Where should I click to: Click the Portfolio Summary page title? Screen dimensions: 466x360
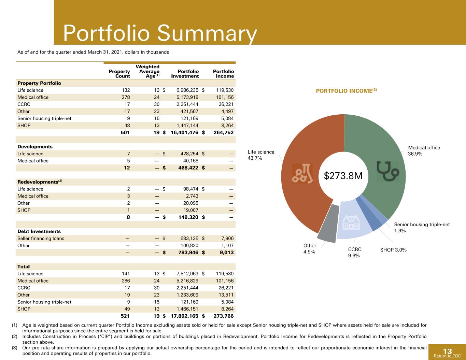coord(160,33)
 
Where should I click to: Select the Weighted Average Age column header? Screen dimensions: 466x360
coord(148,71)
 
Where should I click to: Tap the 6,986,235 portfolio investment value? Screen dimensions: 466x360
coord(187,90)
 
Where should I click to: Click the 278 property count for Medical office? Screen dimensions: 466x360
coord(126,97)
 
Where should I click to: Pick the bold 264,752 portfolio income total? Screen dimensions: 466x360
coord(224,132)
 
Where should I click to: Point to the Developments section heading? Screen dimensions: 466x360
coord(35,147)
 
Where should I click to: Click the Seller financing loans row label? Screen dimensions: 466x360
coord(41,239)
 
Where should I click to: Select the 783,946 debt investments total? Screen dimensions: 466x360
coord(188,253)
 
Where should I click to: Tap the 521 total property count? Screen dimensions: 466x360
coord(125,316)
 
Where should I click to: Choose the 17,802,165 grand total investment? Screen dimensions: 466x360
coord(185,316)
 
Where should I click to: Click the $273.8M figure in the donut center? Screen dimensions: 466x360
coord(343,176)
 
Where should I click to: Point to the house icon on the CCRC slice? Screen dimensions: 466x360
coord(351,222)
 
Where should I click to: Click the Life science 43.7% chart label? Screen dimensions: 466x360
coord(261,155)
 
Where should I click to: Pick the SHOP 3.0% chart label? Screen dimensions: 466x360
coord(393,250)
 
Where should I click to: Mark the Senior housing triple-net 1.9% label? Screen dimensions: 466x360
coord(422,228)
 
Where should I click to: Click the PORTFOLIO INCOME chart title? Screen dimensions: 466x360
coord(346,91)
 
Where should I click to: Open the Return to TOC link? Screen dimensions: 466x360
coord(447,356)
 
